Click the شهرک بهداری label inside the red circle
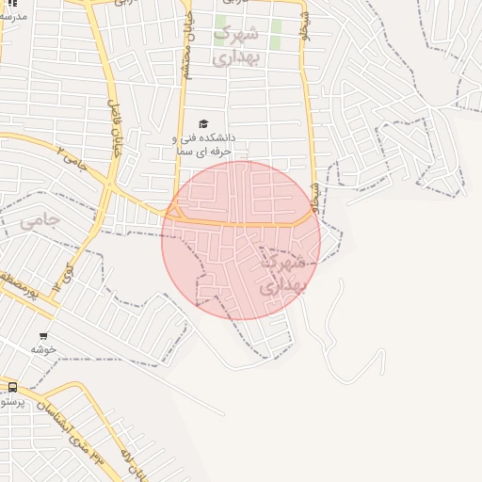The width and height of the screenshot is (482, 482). tap(281, 271)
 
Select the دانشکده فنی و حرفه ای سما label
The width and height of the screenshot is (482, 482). tap(204, 144)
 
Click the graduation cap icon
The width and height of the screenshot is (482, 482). tap(203, 123)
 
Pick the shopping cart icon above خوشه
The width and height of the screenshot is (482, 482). tap(43, 336)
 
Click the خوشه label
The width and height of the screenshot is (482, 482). tap(43, 349)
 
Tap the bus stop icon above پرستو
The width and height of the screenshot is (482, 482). tap(12, 386)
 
